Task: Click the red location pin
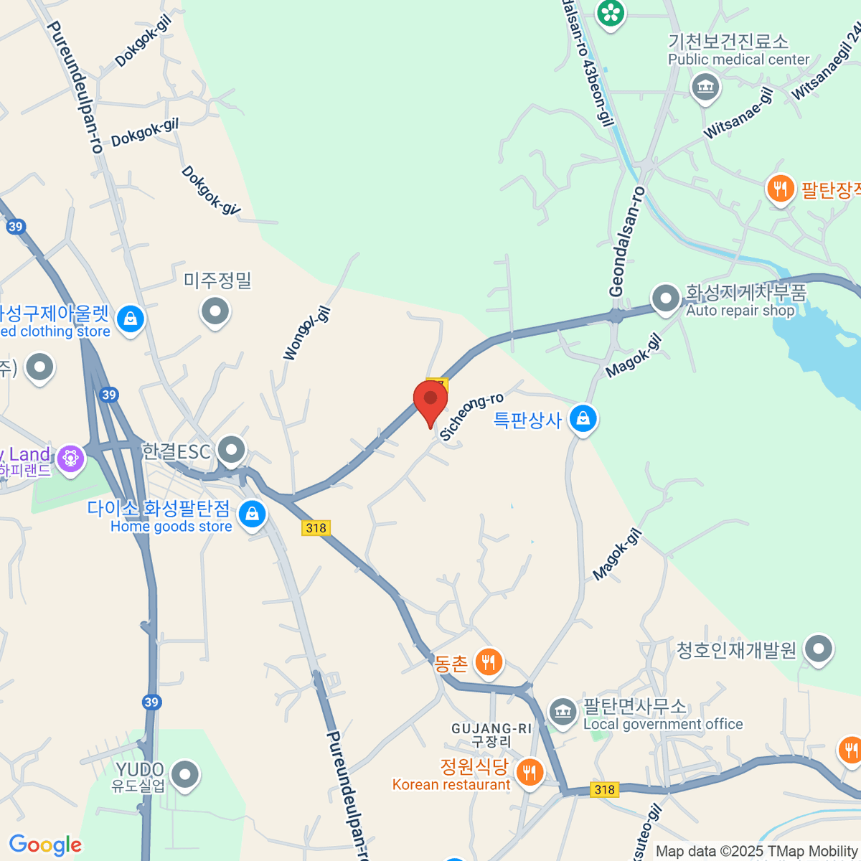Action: pos(430,399)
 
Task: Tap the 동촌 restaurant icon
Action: pos(489,662)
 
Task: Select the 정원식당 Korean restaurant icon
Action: pos(530,772)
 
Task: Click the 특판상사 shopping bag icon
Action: pos(583,419)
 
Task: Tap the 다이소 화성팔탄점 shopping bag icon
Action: pos(252,514)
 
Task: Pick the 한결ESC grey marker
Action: pos(232,451)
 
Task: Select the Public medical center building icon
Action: pos(705,88)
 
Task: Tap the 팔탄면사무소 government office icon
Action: pos(563,712)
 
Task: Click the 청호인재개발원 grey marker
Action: pos(818,649)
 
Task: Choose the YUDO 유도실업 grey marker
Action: pos(186,775)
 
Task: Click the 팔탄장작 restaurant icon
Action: pos(780,189)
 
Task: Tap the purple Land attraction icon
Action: pos(70,458)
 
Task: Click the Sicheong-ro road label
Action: pos(471,416)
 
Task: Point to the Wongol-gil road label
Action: pos(306,333)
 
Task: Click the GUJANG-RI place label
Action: pos(491,728)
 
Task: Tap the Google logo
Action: pos(45,845)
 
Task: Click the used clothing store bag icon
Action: pos(130,319)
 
